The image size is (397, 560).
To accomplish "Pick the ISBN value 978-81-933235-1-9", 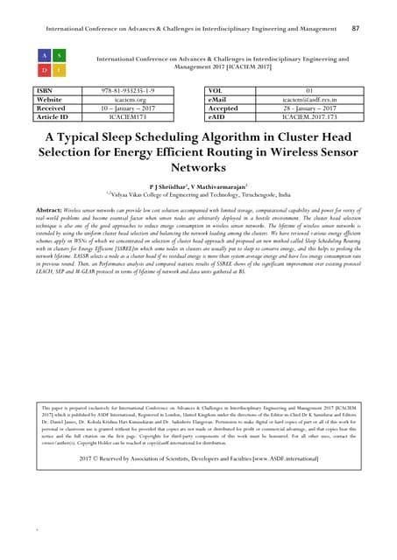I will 126,90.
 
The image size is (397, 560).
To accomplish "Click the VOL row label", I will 218,90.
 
